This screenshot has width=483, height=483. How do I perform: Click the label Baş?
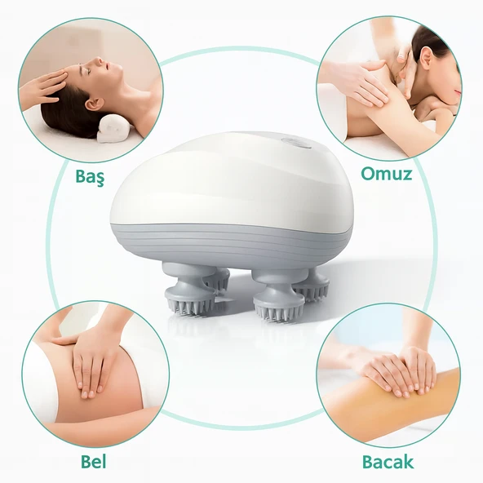(x=90, y=177)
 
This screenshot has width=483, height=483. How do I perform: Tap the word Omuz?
(x=386, y=174)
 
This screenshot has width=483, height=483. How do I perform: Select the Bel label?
(x=93, y=462)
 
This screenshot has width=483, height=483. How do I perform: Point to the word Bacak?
(x=388, y=462)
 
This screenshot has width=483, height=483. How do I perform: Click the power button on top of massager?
(x=295, y=141)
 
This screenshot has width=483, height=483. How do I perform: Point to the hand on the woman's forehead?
(x=43, y=88)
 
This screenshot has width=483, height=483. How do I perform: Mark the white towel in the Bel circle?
(x=40, y=379)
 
